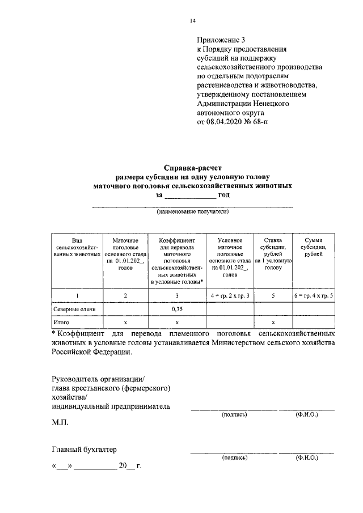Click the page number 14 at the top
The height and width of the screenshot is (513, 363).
[192, 21]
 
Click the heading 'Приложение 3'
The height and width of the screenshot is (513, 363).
[222, 40]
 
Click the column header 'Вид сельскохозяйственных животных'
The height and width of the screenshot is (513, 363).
[77, 248]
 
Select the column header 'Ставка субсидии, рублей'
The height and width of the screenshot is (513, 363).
[273, 254]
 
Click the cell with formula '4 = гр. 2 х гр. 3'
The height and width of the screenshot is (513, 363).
[230, 296]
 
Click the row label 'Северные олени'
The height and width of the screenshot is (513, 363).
[74, 310]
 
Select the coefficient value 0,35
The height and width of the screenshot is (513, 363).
[177, 310]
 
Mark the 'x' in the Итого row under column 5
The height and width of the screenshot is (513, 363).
[273, 322]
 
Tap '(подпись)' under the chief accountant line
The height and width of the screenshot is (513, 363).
[234, 457]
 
